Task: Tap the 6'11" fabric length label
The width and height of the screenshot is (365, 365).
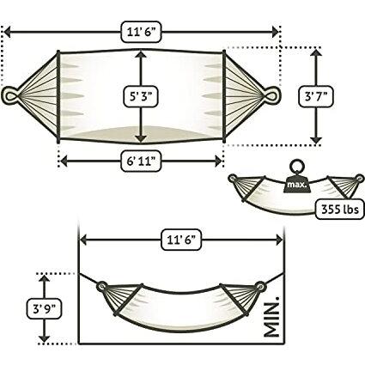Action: click(140, 158)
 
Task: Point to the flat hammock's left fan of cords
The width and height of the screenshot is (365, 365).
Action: click(39, 92)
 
